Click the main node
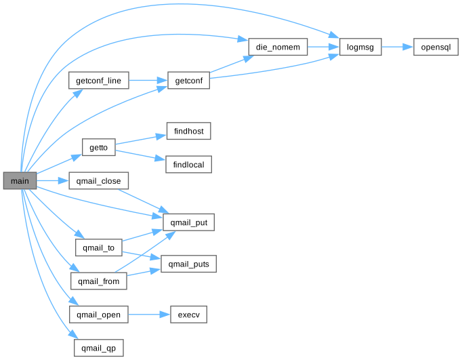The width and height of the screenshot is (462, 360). [20, 181]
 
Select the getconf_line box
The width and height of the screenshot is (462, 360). [99, 81]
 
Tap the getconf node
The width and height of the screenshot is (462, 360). [188, 81]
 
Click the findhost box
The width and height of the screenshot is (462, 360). [189, 131]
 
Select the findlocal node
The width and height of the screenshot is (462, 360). [189, 164]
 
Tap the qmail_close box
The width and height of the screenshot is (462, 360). [99, 181]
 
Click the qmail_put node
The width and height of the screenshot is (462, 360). [189, 222]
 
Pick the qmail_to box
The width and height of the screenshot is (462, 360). [99, 247]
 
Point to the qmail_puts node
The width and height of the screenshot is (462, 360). [189, 264]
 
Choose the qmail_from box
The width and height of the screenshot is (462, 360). [99, 281]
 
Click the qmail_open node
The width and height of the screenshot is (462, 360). [99, 315]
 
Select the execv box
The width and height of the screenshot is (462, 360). [189, 315]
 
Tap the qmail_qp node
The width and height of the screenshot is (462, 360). [99, 348]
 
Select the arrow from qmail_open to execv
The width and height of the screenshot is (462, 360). [148, 315]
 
